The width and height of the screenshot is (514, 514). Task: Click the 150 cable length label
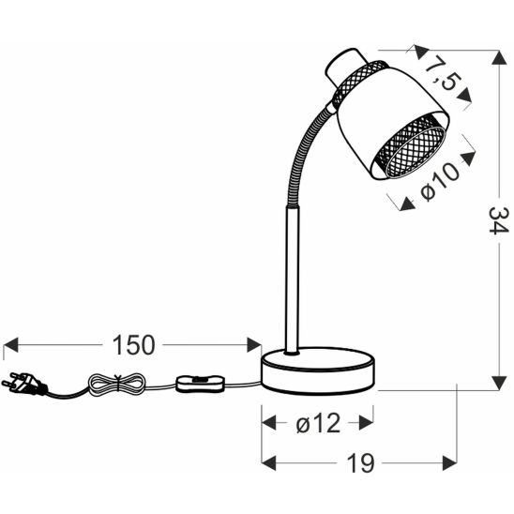pos(133,345)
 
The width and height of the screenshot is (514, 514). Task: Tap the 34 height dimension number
pos(499,220)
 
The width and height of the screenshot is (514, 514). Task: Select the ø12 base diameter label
pos(318,423)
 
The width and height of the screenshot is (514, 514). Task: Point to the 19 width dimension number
pos(360,463)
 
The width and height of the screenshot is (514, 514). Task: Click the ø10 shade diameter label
pos(440,181)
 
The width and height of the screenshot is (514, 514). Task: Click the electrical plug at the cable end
pos(23,385)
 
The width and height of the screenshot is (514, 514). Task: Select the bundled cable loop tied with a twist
pos(116,384)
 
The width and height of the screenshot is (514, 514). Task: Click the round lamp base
pos(318,370)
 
